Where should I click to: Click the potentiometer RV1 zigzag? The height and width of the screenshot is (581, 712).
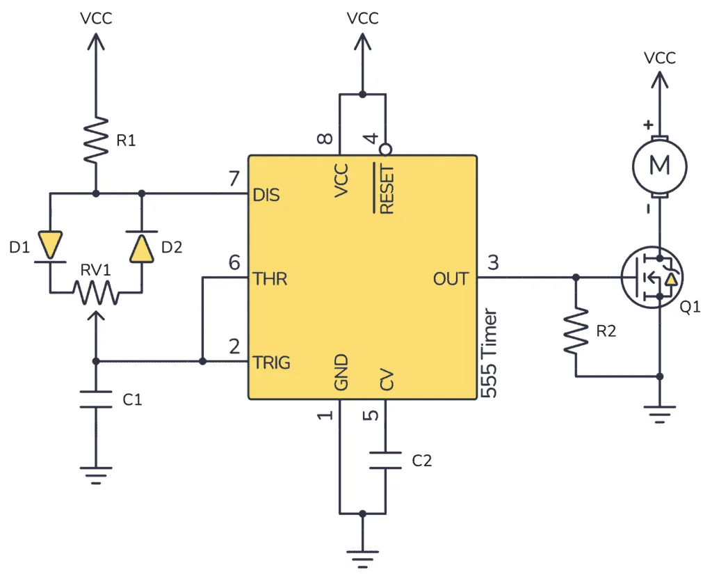point(96,292)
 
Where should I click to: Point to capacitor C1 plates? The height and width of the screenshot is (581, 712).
point(96,399)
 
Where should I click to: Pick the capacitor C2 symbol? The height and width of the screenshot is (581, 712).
point(385,460)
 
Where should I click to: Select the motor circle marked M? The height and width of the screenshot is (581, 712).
point(658,166)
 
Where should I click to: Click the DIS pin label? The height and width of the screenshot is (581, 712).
point(267,195)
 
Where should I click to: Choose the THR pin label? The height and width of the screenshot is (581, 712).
point(270,279)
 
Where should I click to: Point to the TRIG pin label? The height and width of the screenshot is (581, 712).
point(272,363)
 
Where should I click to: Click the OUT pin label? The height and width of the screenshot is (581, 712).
point(451,279)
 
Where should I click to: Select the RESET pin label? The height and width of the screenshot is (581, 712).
point(385,189)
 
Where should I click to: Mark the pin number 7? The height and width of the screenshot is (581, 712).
point(234,180)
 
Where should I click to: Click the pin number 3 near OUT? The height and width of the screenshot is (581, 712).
point(493,263)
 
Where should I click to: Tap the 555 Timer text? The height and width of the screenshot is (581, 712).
point(490,353)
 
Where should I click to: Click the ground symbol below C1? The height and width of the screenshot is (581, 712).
point(96,477)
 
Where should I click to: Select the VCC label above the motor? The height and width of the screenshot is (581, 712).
point(659,58)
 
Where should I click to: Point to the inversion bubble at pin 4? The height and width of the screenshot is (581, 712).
point(385,150)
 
